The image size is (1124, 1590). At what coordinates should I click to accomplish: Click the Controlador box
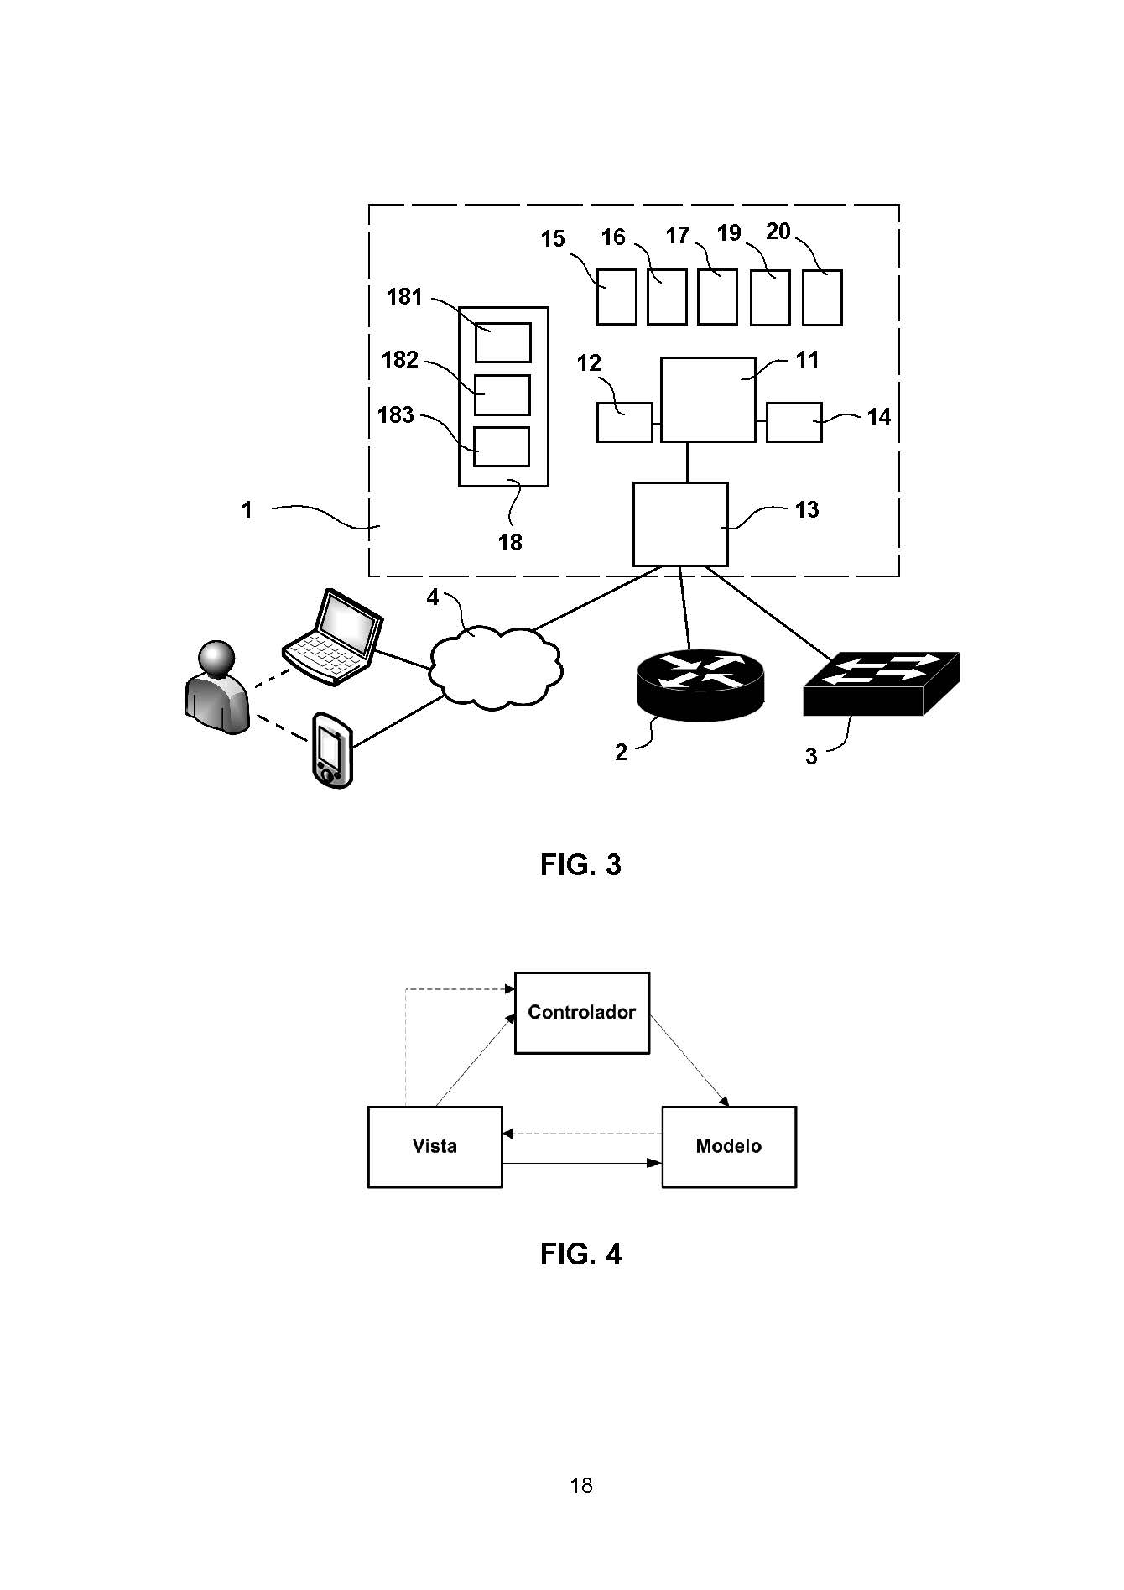tap(581, 1013)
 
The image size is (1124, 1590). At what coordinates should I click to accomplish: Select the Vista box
tap(435, 1146)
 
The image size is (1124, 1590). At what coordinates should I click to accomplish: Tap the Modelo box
tap(728, 1146)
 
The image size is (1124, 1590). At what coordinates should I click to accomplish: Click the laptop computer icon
tap(334, 638)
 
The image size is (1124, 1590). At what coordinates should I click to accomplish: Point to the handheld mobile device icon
tap(332, 750)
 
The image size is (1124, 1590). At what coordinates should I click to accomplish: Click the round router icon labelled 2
tap(701, 684)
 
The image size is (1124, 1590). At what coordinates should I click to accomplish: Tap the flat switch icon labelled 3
tap(881, 683)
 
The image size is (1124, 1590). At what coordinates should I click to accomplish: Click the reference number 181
tap(404, 297)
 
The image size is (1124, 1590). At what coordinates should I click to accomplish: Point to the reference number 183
tap(396, 415)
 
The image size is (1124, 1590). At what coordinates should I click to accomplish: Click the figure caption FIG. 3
tap(580, 864)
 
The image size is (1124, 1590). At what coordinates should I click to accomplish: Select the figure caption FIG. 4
tap(580, 1254)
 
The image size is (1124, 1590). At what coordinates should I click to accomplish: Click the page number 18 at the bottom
tap(581, 1485)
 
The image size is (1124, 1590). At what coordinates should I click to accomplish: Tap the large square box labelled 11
tap(707, 399)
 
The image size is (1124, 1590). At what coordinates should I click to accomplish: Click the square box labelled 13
tap(679, 524)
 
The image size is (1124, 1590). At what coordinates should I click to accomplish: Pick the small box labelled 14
tap(794, 422)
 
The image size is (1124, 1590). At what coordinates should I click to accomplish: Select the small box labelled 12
tap(624, 422)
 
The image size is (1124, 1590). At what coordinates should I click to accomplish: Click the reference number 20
tap(778, 232)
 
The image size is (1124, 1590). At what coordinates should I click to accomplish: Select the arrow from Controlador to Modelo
tap(689, 1061)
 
